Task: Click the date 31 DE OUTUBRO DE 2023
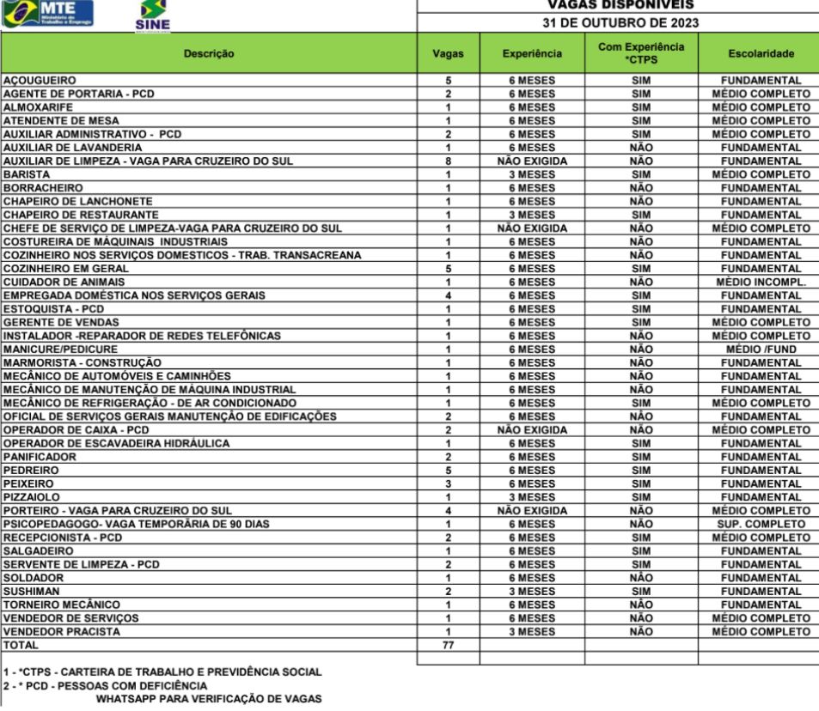(x=617, y=22)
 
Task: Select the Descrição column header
(x=209, y=54)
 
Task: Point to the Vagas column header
(x=448, y=54)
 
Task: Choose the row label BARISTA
(x=28, y=174)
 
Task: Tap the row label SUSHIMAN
(x=31, y=591)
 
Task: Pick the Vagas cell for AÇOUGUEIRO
(x=448, y=81)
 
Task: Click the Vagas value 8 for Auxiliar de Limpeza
(x=448, y=161)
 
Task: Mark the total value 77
(x=448, y=645)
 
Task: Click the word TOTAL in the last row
(x=21, y=645)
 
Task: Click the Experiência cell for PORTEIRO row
(x=532, y=510)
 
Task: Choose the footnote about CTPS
(x=162, y=671)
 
